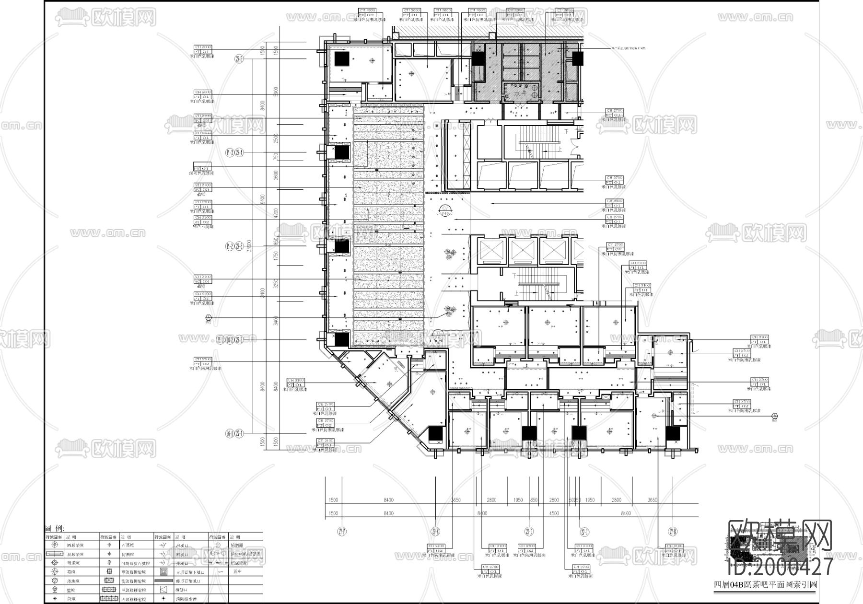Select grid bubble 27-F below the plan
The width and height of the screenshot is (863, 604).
[341, 531]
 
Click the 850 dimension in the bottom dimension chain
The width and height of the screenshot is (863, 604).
[534, 500]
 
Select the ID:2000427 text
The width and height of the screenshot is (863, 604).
[780, 567]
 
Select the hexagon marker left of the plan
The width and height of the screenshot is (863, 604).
[208, 318]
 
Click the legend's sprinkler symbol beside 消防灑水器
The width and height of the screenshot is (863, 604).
[164, 599]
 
